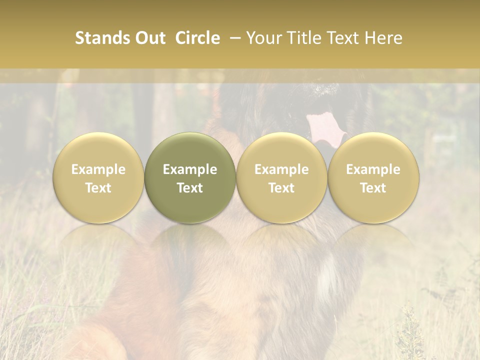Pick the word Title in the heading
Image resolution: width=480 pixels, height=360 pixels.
(x=304, y=38)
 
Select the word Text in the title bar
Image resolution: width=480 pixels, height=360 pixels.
(x=343, y=38)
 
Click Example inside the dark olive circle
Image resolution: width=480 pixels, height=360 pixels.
(x=190, y=169)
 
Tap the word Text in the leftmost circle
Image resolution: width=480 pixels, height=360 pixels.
(x=98, y=188)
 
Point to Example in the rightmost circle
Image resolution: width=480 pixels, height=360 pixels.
(x=373, y=169)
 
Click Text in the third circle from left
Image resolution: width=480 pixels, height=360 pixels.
(x=281, y=188)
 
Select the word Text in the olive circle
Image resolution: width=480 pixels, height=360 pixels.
(x=190, y=188)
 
